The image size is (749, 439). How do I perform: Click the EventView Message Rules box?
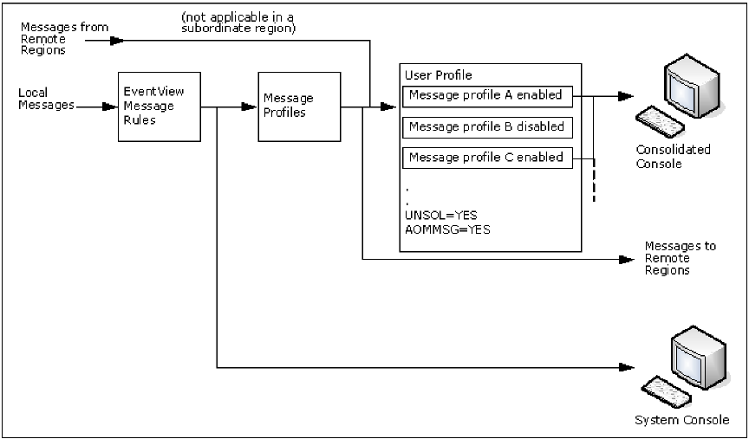pos(160,107)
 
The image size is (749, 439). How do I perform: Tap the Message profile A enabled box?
pos(485,95)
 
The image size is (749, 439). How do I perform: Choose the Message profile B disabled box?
pos(485,126)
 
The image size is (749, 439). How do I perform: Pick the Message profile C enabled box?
pos(485,158)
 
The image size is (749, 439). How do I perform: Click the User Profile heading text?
pos(440,75)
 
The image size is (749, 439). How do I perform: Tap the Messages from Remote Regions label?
pos(53,39)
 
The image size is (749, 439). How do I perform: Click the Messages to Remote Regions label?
pos(680,258)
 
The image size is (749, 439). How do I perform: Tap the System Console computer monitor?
pos(699,352)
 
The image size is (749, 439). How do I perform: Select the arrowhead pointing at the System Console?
pos(626,367)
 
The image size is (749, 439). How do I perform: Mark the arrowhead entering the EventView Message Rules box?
pos(112,107)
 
